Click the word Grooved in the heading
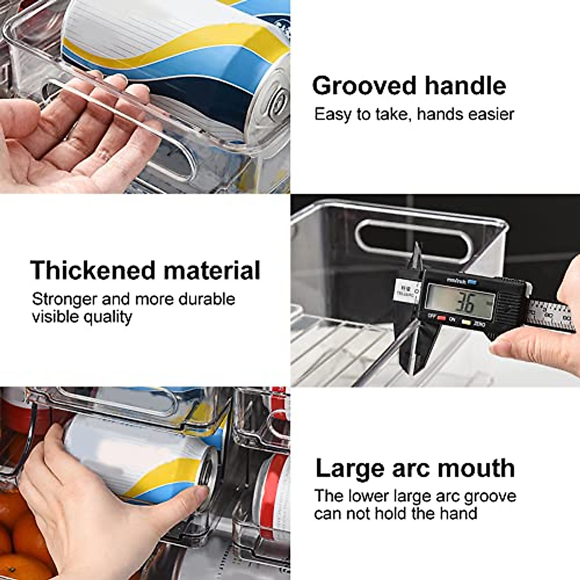358,86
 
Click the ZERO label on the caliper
479,325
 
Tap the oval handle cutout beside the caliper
412,241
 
